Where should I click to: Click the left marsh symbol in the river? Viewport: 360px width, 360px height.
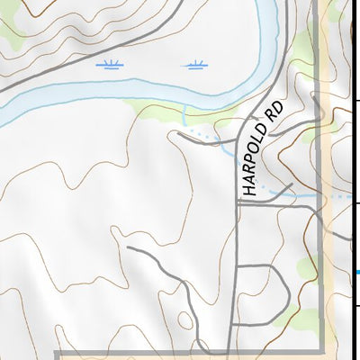(111, 64)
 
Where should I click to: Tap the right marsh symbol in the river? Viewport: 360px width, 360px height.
(193, 64)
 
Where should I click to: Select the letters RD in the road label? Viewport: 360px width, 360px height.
(274, 110)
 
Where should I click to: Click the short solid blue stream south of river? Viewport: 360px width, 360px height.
(184, 114)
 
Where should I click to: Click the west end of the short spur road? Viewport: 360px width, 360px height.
(178, 134)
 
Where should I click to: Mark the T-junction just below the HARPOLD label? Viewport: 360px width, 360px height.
(238, 203)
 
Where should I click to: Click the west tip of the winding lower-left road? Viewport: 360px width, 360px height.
(128, 245)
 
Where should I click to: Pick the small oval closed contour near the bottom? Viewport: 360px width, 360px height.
(185, 319)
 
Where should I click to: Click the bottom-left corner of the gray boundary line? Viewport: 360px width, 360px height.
(57, 352)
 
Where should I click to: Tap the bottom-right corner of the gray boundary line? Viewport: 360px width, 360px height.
(319, 352)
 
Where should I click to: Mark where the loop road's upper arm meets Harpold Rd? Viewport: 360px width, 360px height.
(238, 267)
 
